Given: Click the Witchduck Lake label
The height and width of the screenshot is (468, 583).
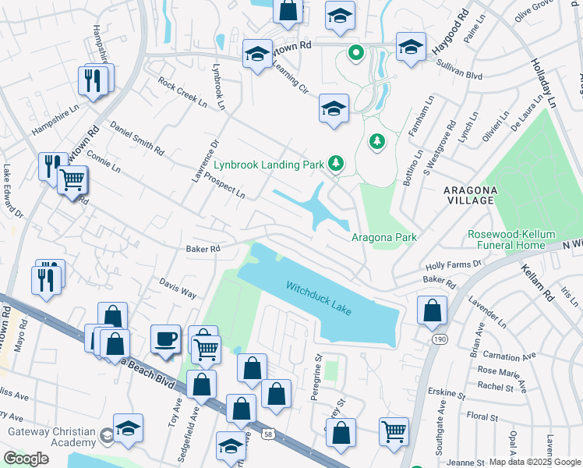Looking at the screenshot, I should [x=319, y=298].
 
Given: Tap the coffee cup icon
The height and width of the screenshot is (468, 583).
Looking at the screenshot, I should [x=165, y=339].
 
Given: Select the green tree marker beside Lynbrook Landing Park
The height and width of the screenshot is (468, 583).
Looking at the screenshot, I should [x=336, y=163].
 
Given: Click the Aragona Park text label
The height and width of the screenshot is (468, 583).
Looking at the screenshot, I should [x=383, y=237].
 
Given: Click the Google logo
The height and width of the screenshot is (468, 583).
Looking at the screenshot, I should [x=26, y=458].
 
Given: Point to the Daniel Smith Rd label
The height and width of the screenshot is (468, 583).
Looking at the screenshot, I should [x=137, y=137].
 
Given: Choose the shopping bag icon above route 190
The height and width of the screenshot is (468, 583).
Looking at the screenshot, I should [x=432, y=310].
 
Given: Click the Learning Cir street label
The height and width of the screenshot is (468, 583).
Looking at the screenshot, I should [x=290, y=77].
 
